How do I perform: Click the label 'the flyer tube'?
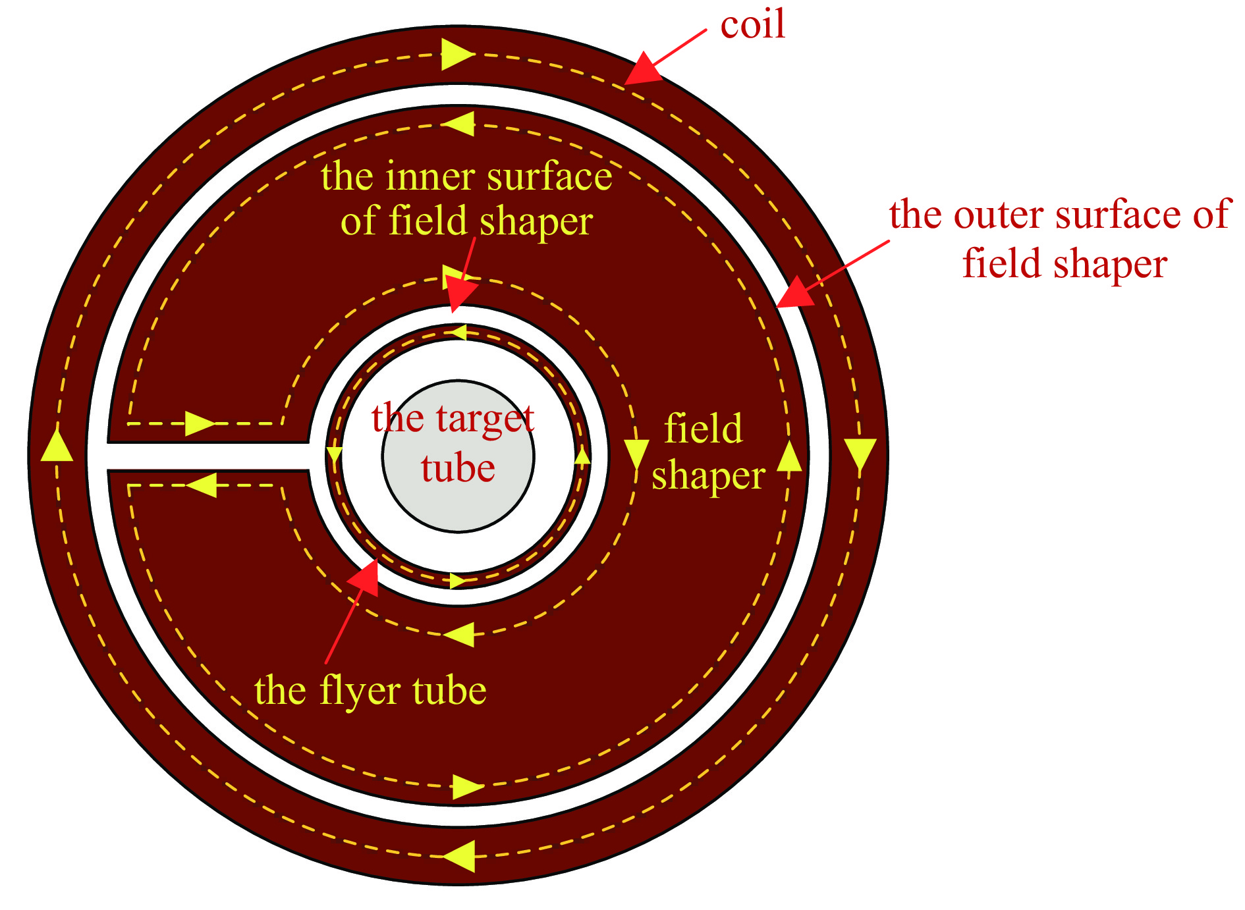(x=370, y=691)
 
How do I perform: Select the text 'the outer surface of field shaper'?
(x=1059, y=239)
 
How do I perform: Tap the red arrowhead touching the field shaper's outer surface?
(x=795, y=292)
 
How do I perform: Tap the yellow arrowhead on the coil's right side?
(x=860, y=454)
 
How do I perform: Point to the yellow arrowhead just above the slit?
(x=200, y=423)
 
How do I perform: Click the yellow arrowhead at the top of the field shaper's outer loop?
(x=460, y=124)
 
